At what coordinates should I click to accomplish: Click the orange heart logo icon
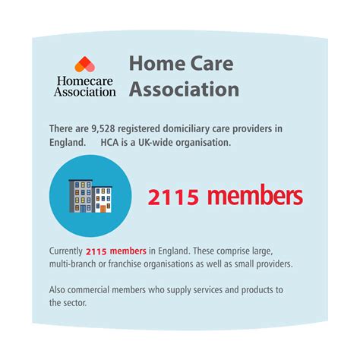coord(85,65)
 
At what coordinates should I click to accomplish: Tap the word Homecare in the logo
coord(85,81)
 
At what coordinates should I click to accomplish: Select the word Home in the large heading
coord(157,63)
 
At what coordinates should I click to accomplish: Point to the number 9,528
coord(103,129)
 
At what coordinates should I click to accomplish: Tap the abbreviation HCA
coord(109,142)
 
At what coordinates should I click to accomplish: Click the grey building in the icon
coord(81,196)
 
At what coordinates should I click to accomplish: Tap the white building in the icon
coord(102,200)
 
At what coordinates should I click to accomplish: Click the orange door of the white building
coord(103,209)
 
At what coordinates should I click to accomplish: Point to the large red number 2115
coord(173,197)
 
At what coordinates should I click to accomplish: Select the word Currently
coord(66,251)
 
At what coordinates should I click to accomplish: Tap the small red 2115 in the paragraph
coord(96,251)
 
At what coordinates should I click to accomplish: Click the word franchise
coord(125,264)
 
